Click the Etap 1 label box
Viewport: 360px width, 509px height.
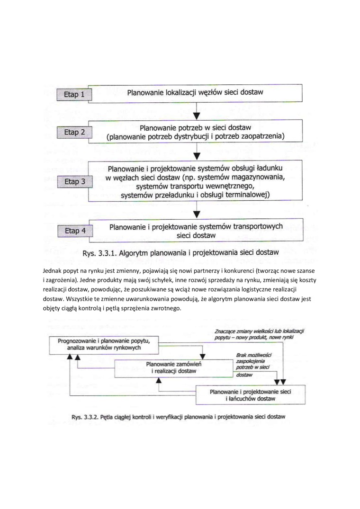pyautogui.click(x=73, y=95)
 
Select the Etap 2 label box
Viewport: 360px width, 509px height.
pyautogui.click(x=74, y=132)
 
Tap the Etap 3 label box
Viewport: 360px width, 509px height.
pyautogui.click(x=74, y=181)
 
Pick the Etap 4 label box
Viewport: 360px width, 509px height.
pyautogui.click(x=74, y=231)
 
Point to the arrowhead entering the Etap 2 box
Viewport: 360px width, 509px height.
pyautogui.click(x=198, y=116)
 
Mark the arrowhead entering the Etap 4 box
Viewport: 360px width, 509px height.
pyautogui.click(x=198, y=215)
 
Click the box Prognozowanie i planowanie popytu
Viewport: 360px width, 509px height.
pyautogui.click(x=103, y=344)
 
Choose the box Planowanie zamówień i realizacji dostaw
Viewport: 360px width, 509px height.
pyautogui.click(x=174, y=368)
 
